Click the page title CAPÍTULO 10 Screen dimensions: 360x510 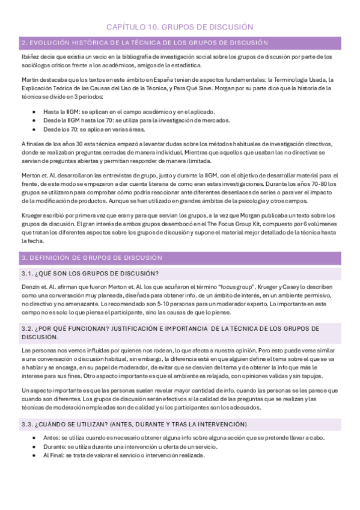(180, 27)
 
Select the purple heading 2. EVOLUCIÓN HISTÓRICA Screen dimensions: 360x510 (144, 43)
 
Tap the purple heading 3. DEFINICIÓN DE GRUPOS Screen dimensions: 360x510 (91, 257)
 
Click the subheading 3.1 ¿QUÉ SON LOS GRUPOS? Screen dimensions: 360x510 (90, 274)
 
